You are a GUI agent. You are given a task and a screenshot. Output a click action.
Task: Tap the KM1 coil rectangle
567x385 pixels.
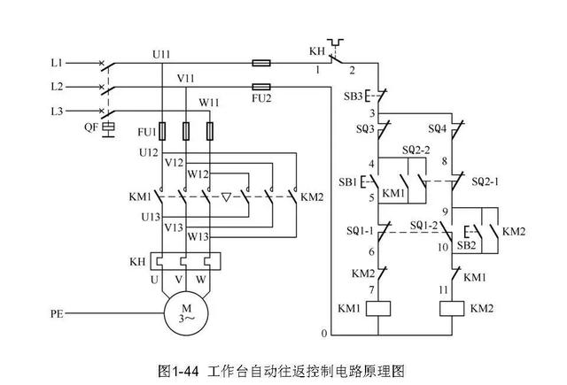[379, 309]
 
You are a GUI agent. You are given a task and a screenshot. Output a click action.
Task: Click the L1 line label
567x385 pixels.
[57, 64]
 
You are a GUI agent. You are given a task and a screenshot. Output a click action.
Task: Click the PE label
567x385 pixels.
[58, 312]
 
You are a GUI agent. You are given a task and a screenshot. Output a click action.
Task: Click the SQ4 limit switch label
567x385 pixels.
[437, 129]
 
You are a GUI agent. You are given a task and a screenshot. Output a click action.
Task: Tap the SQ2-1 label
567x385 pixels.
[486, 181]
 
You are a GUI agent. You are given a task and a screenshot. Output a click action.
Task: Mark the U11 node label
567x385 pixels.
[161, 54]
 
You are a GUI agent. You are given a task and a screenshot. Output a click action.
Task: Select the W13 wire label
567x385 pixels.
[197, 236]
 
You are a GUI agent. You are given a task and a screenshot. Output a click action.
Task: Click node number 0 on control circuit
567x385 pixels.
[324, 333]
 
